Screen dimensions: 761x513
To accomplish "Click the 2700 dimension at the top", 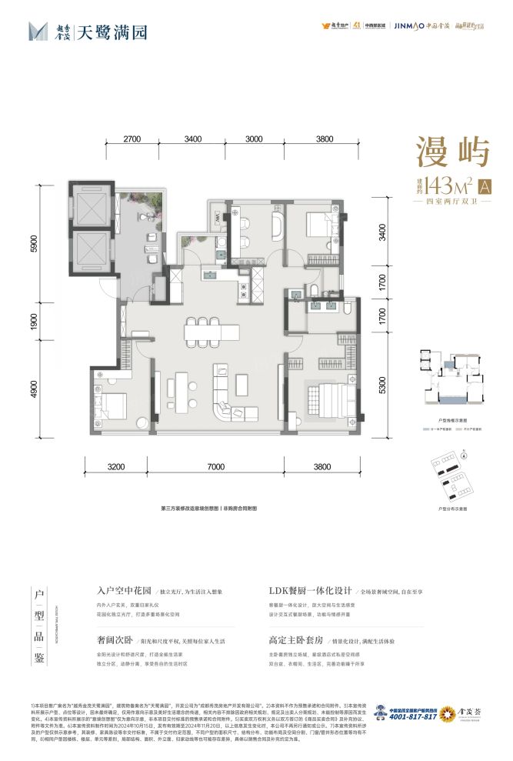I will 132,139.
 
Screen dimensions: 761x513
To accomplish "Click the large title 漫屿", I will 453,152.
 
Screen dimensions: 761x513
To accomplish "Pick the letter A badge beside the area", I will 485,185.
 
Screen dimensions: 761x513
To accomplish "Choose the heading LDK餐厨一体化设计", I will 311,592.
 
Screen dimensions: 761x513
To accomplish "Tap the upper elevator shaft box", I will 92,206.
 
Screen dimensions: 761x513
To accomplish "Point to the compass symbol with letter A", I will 465,456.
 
